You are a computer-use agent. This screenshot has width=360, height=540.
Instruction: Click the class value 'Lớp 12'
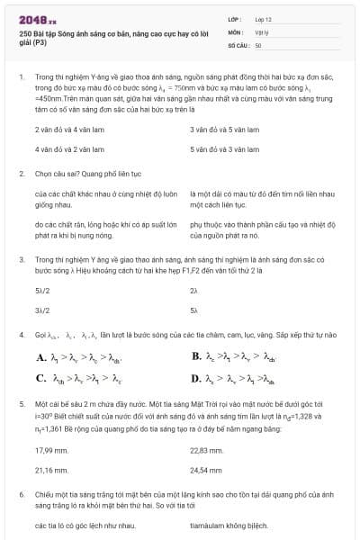(265, 18)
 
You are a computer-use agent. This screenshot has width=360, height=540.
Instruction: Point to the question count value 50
(258, 44)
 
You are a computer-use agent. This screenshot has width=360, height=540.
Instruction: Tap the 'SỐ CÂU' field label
(238, 44)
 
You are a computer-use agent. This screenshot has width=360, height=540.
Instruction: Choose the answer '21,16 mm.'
(51, 469)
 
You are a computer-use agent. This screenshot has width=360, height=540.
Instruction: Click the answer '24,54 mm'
(206, 469)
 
